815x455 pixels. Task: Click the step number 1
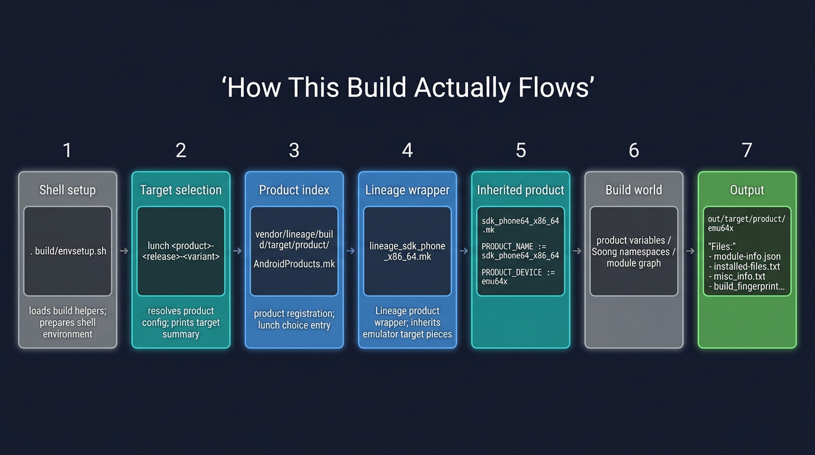pos(67,150)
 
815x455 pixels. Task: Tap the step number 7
pos(747,150)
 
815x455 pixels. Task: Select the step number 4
pos(407,150)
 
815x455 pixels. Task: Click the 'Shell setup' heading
pos(68,190)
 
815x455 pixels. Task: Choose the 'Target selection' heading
pos(181,190)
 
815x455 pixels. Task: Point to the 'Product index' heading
pos(294,190)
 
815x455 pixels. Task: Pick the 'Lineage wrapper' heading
pos(407,190)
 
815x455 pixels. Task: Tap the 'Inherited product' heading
pos(521,190)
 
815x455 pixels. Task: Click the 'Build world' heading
pos(634,190)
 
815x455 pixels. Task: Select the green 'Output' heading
pos(747,190)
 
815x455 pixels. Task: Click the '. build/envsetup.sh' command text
pos(68,251)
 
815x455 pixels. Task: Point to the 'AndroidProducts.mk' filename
pos(294,264)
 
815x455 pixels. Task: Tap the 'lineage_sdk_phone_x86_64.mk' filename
pos(407,251)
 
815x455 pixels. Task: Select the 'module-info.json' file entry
pos(747,257)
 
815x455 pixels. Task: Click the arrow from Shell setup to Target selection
pos(124,251)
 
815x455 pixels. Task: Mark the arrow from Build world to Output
pos(690,251)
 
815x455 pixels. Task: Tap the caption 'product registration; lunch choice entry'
pos(294,319)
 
